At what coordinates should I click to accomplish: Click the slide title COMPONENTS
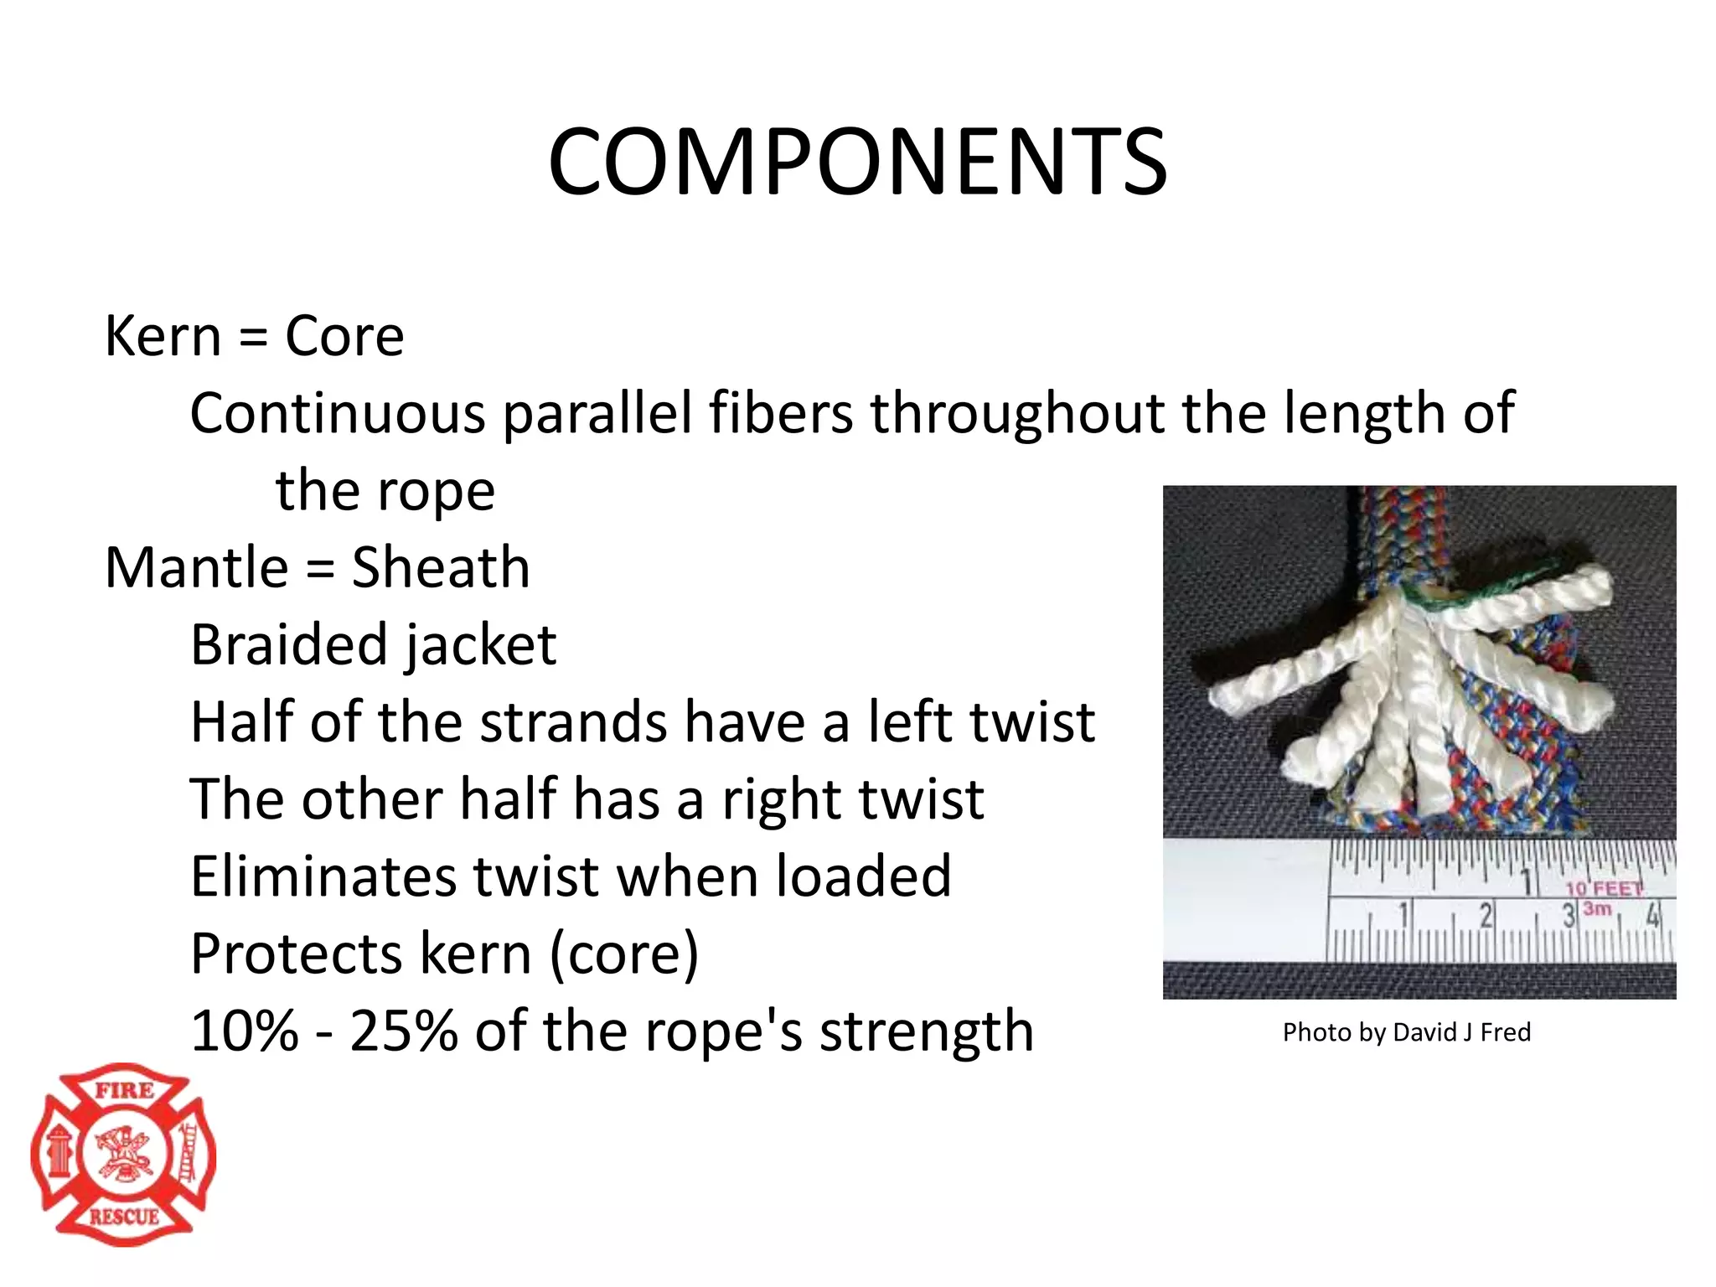pyautogui.click(x=857, y=161)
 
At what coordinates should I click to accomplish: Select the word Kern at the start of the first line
pyautogui.click(x=163, y=337)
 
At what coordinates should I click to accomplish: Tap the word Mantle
pyautogui.click(x=197, y=568)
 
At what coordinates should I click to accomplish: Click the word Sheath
pyautogui.click(x=441, y=568)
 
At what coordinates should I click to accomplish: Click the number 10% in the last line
pyautogui.click(x=244, y=1031)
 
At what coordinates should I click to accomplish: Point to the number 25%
pyautogui.click(x=403, y=1031)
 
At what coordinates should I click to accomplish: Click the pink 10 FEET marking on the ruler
pyautogui.click(x=1603, y=888)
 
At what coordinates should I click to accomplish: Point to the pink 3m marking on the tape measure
pyautogui.click(x=1597, y=908)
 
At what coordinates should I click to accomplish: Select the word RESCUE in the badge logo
pyautogui.click(x=124, y=1217)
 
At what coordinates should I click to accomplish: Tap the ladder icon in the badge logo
pyautogui.click(x=188, y=1152)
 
